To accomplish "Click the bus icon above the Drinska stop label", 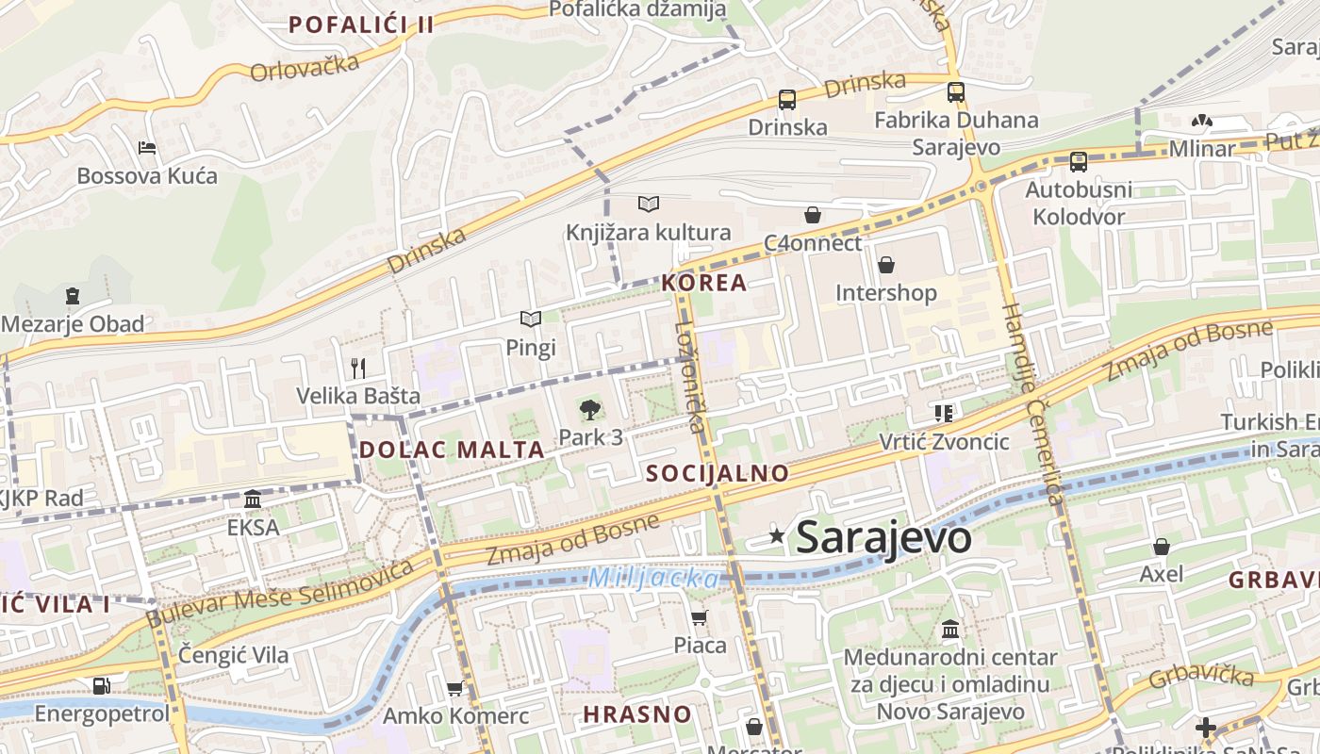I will [x=786, y=99].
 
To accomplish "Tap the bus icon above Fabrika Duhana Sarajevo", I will [x=955, y=92].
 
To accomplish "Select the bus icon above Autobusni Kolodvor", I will [x=1078, y=162].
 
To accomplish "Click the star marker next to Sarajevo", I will [x=777, y=536].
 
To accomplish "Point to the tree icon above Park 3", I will [x=590, y=409].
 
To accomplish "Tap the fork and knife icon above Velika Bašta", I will [x=358, y=368].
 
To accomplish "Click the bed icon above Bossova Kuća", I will [x=147, y=148].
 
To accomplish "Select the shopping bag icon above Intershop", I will [x=885, y=265].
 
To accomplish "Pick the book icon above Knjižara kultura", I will [x=648, y=204].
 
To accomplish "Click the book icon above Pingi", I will [x=531, y=320].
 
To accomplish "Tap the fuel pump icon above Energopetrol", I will [x=101, y=685].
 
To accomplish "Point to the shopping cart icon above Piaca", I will [x=699, y=617].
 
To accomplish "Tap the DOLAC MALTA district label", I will [x=452, y=450].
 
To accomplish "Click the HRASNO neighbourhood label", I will [x=637, y=713].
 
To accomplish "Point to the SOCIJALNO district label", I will [x=717, y=473].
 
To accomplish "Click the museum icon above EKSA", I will [x=253, y=499].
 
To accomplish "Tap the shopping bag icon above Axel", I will [x=1161, y=546].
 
